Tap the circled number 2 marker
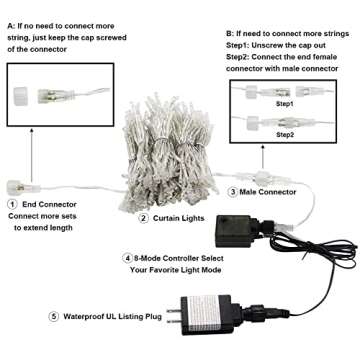click(143, 217)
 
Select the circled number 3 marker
click(233, 191)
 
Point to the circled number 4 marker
click(128, 258)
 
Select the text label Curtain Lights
click(180, 217)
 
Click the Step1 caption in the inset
click(285, 103)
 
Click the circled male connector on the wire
click(263, 163)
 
